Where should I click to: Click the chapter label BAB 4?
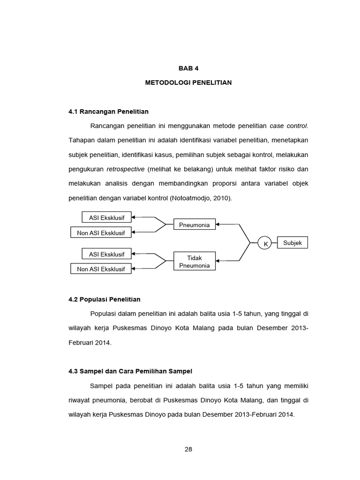[x=188, y=68]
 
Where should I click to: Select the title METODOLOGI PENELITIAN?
[x=188, y=82]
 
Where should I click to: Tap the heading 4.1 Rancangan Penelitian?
[x=108, y=112]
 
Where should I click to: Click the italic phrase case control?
[x=288, y=126]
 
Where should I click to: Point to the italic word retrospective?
[x=125, y=169]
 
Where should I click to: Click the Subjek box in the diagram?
[x=292, y=243]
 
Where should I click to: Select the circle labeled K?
[x=265, y=244]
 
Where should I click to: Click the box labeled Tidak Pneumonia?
[x=195, y=262]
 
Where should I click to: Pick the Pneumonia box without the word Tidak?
[x=195, y=225]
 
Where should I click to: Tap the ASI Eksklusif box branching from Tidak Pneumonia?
[x=107, y=255]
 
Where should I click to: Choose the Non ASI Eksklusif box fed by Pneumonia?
[x=101, y=233]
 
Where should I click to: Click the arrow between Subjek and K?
[x=275, y=243]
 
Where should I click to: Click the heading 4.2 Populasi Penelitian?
[x=104, y=299]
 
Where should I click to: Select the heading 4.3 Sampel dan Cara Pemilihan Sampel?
[x=130, y=371]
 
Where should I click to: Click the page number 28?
[x=188, y=449]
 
